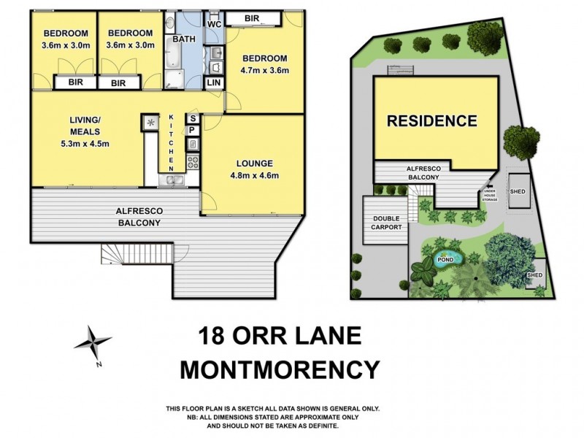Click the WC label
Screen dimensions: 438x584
tap(215, 24)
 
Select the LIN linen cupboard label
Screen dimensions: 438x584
tap(214, 83)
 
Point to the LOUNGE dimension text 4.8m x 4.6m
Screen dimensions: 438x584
tap(254, 175)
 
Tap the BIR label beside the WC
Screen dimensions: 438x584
tap(253, 18)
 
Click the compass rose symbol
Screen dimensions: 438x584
tap(93, 341)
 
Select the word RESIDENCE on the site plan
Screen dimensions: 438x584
tap(431, 121)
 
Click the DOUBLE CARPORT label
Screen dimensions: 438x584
tap(387, 223)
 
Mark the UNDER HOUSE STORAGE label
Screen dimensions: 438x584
tap(490, 195)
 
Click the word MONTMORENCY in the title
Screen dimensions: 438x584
tap(280, 369)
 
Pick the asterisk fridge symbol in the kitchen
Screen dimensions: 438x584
tap(151, 123)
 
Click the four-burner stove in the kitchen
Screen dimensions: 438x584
tap(193, 161)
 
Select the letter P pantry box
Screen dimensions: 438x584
tap(192, 130)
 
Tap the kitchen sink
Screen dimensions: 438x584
tap(173, 179)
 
